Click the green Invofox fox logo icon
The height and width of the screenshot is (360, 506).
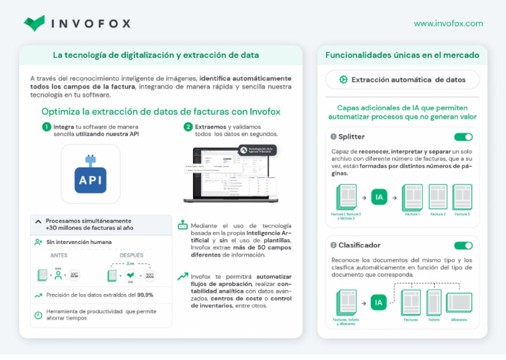[34, 23]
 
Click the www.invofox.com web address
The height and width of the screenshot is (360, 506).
[448, 23]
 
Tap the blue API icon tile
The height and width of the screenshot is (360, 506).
[90, 175]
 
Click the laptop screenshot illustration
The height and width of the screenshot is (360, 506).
[231, 173]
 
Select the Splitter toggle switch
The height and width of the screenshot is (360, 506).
[463, 137]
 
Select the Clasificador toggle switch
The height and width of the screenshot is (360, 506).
[463, 245]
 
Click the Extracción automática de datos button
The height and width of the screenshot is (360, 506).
[403, 80]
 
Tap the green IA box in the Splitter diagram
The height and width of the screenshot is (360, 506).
[379, 196]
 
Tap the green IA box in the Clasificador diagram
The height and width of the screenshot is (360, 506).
[379, 303]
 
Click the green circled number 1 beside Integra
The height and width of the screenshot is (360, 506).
[46, 127]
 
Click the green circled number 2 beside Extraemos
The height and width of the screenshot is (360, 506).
[188, 127]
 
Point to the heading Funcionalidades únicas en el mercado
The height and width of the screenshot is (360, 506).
[403, 55]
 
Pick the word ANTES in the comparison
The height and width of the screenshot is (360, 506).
[59, 255]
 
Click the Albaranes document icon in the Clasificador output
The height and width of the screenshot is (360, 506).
[459, 303]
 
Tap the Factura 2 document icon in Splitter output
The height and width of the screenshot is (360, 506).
[437, 196]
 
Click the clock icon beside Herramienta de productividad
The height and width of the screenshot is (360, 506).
[38, 315]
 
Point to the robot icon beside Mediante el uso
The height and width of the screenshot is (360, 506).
[183, 225]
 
